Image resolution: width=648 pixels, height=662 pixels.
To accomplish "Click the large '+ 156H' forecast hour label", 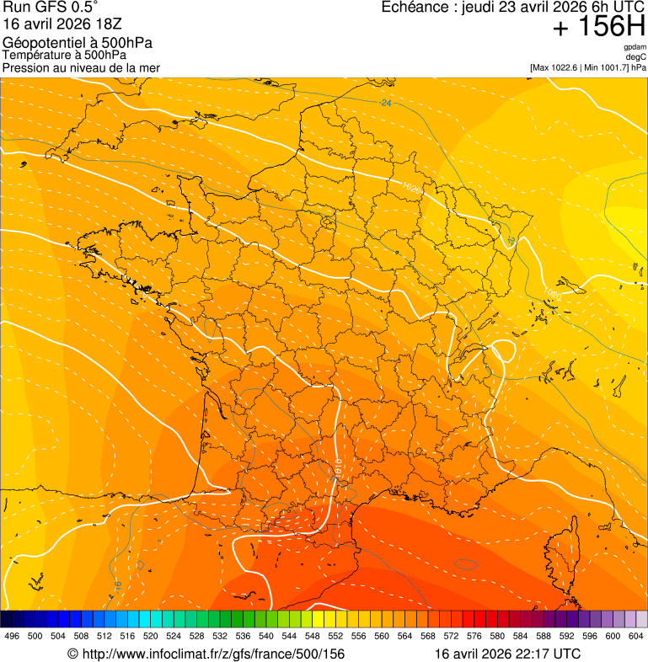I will [599, 27].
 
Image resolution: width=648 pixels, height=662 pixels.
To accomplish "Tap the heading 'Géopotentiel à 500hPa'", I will [78, 43].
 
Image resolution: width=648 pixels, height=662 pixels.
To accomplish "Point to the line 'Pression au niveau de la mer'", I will [81, 67].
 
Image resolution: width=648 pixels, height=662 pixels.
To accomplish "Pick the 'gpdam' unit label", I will [635, 47].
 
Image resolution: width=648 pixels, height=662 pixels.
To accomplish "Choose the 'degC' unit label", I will [636, 57].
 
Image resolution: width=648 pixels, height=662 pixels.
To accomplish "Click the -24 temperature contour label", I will [386, 103].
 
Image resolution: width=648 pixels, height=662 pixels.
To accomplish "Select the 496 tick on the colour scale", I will [12, 636].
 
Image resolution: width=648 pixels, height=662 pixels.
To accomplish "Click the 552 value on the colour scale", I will [335, 636].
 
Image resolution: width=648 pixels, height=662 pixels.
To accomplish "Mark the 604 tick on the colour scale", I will [636, 636].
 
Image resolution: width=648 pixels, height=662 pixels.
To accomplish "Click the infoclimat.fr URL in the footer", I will [206, 654].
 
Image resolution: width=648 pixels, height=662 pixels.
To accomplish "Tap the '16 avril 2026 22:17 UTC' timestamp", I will [507, 654].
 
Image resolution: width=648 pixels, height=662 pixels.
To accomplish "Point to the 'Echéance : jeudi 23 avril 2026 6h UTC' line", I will [513, 8].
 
